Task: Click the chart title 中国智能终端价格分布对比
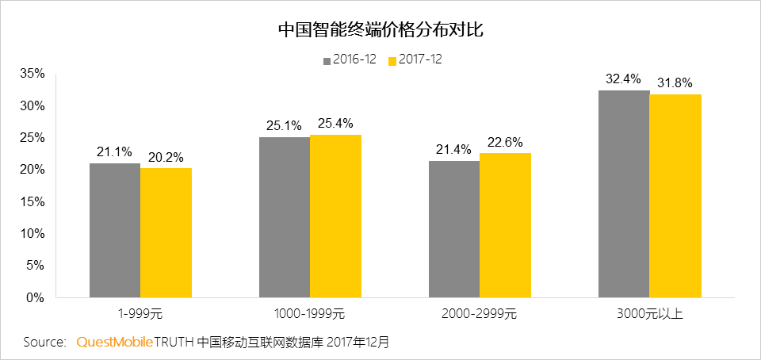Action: click(380, 31)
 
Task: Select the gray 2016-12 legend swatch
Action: click(326, 60)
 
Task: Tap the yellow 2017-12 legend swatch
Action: click(392, 60)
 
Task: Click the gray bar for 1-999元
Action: click(115, 230)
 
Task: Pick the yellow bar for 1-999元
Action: click(166, 232)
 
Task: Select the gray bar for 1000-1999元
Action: click(284, 217)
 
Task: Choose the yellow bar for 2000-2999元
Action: click(505, 225)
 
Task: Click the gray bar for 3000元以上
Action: click(624, 194)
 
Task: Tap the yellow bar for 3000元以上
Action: click(675, 196)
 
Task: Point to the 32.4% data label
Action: click(623, 79)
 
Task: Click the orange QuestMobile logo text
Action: click(114, 343)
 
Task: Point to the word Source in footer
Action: click(44, 343)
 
